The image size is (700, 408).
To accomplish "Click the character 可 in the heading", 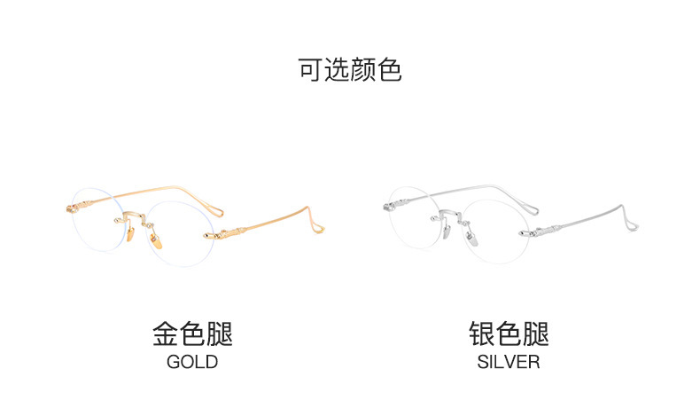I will click(x=311, y=70).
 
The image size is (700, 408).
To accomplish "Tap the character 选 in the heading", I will click(x=338, y=70).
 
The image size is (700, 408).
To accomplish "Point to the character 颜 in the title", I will click(x=363, y=70).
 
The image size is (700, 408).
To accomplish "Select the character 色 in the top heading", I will click(x=390, y=70).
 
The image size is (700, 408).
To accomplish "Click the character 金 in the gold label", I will click(x=166, y=334).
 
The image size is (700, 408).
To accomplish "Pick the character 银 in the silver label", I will click(x=482, y=334).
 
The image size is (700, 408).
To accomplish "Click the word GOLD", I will click(x=192, y=362).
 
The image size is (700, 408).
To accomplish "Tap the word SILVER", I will click(x=509, y=362).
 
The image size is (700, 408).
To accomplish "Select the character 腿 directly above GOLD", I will click(x=220, y=334).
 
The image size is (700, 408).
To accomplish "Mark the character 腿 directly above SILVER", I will click(x=536, y=334).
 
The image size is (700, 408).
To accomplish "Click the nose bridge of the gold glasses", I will click(x=132, y=215).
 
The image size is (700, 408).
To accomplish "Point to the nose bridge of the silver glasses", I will click(x=449, y=215).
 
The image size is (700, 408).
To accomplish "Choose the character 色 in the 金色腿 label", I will click(x=192, y=334).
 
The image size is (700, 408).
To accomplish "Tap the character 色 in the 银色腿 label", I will click(x=509, y=334).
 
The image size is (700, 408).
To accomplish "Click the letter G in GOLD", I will click(x=174, y=362).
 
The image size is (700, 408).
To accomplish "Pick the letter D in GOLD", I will click(x=212, y=362).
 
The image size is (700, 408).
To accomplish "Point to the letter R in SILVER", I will click(x=534, y=362).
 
